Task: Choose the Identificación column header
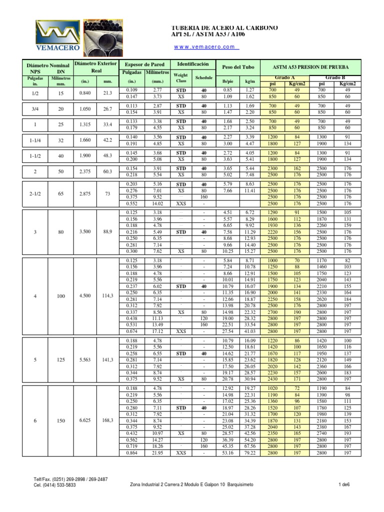[192, 64]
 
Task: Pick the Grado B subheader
[335, 78]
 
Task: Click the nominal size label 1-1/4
[35, 140]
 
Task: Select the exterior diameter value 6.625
[85, 421]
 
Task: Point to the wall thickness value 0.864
[132, 453]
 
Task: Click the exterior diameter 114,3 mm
[107, 296]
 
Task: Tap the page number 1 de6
[343, 484]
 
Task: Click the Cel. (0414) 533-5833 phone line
[55, 484]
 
